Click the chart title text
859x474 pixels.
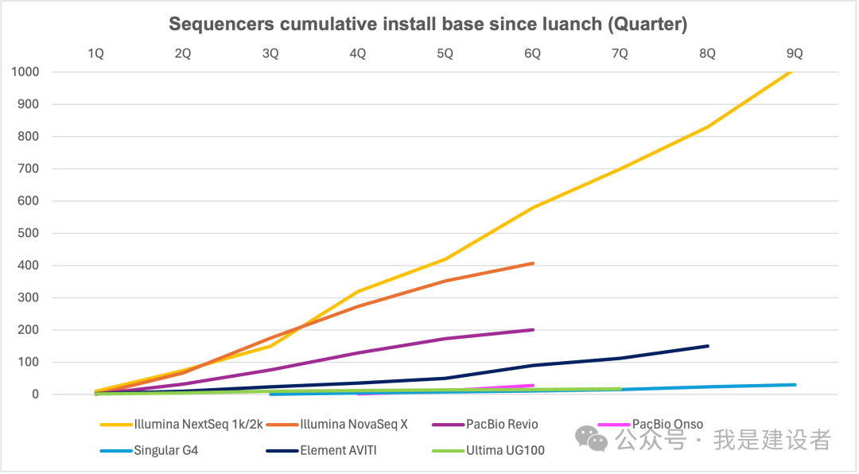pyautogui.click(x=428, y=25)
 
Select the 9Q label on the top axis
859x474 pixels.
pyautogui.click(x=795, y=53)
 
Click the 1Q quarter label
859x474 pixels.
pyautogui.click(x=95, y=53)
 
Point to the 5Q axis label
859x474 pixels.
pyautogui.click(x=445, y=53)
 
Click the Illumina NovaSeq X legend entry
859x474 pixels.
pyautogui.click(x=354, y=425)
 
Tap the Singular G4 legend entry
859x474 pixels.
pyautogui.click(x=166, y=450)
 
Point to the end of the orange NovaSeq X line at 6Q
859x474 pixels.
pyautogui.click(x=532, y=263)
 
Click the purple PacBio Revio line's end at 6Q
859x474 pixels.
pyautogui.click(x=532, y=329)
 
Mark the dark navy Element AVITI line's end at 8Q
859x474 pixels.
pyautogui.click(x=707, y=346)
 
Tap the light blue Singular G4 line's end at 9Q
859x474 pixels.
pyautogui.click(x=795, y=385)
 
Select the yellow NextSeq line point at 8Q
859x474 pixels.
pyautogui.click(x=707, y=126)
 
